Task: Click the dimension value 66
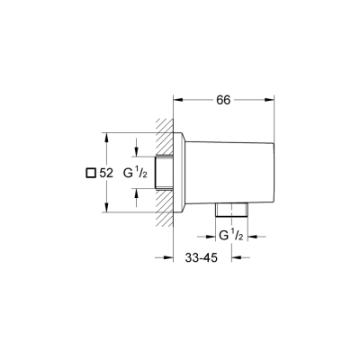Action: [224, 100]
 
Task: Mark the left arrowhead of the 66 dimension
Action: [176, 100]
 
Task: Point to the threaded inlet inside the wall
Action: [163, 174]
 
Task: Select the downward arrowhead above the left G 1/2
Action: [136, 153]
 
